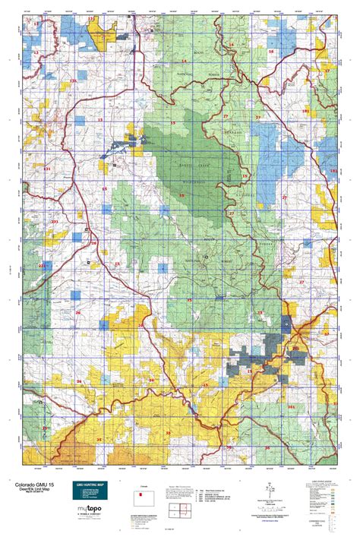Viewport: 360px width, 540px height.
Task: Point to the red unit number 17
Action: [327, 70]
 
